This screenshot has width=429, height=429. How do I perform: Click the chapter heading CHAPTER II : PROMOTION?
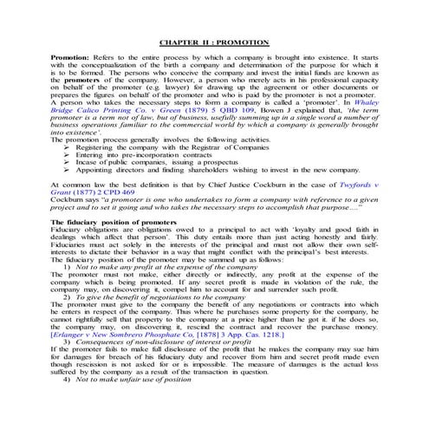click(x=214, y=42)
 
